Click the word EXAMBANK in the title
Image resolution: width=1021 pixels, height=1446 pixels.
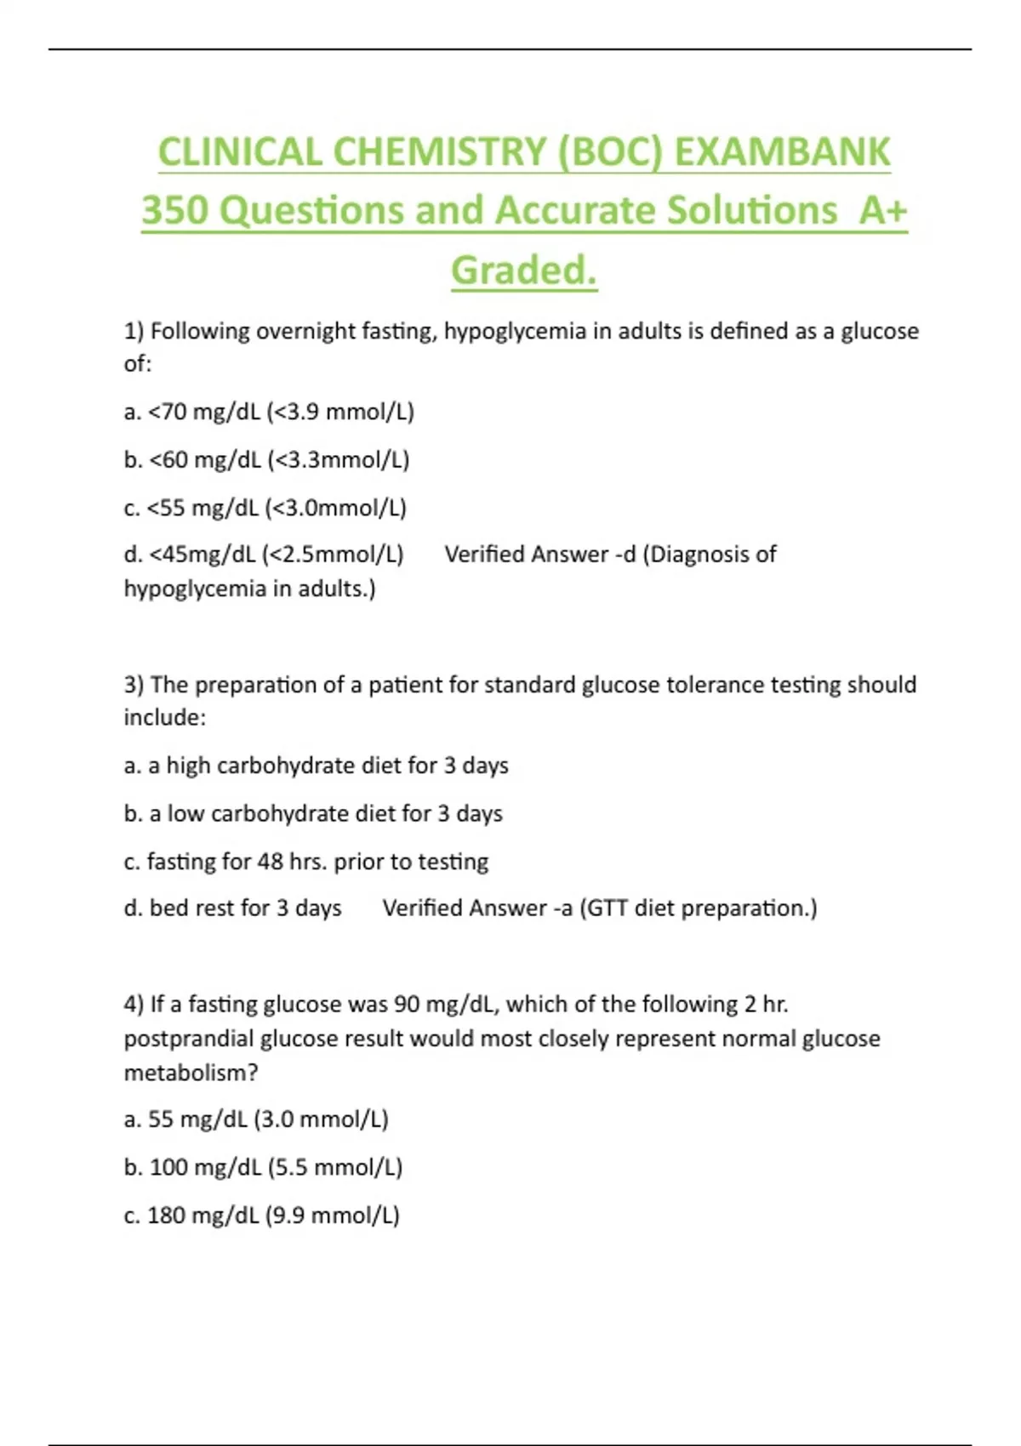[782, 153]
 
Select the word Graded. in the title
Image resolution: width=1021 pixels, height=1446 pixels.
[524, 270]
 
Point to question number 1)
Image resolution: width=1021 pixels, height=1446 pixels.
[134, 331]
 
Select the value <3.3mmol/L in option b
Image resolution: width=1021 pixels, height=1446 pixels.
[339, 460]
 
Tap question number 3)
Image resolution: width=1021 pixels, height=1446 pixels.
[134, 685]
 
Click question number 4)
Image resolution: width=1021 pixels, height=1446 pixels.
[134, 1005]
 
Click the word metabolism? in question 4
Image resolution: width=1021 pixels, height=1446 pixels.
[191, 1073]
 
